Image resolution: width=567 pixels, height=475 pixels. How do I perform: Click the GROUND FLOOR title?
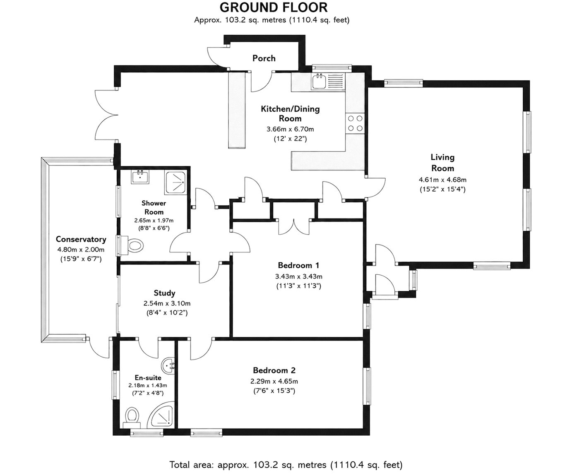(x=274, y=7)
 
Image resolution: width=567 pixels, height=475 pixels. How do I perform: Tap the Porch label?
(x=264, y=58)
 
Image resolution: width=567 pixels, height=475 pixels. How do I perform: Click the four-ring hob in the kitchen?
(x=355, y=123)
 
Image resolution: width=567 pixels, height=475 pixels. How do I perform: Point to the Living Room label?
(x=442, y=163)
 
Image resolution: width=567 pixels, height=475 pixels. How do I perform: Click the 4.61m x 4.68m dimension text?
(x=442, y=180)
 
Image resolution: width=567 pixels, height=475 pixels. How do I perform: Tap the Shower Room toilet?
(x=133, y=246)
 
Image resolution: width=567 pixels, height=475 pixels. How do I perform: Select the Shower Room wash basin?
(x=140, y=177)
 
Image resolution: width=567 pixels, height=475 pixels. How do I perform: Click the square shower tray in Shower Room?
(x=175, y=182)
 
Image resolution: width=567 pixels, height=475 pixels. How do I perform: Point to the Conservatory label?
(x=81, y=239)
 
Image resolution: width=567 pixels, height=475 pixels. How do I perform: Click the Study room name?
(x=165, y=293)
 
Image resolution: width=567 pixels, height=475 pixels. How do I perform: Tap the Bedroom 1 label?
(x=298, y=265)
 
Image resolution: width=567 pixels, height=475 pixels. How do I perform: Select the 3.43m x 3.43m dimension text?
(x=299, y=276)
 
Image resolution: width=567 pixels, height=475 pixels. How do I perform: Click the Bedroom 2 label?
(x=274, y=370)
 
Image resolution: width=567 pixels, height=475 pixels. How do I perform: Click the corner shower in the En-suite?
(x=160, y=418)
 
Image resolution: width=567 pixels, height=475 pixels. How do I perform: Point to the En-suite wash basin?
(x=168, y=366)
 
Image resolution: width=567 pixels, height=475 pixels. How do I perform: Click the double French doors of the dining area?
(x=106, y=115)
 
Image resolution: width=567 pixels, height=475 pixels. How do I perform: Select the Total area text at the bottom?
(x=286, y=465)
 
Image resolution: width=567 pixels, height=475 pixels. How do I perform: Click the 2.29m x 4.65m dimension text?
(x=274, y=381)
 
